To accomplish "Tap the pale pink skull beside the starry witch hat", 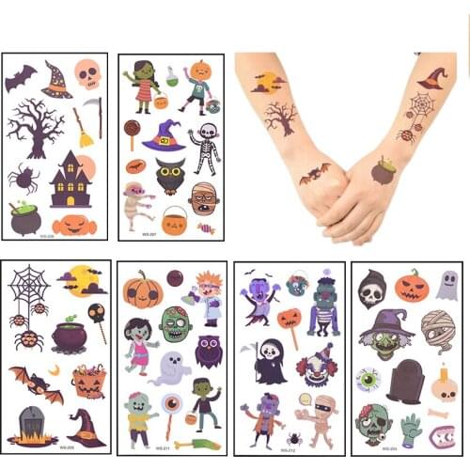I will click(x=87, y=73).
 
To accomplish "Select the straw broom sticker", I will click(x=84, y=131).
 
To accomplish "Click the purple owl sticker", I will click(x=208, y=350).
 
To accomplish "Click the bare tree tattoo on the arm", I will click(x=279, y=117).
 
